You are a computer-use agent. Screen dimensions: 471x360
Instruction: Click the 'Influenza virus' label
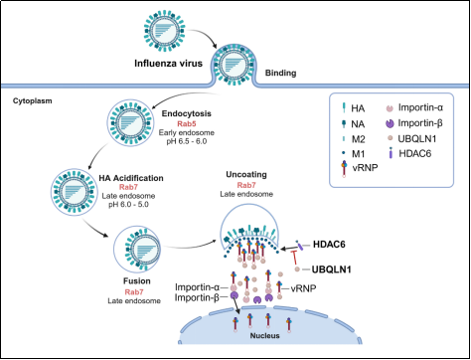(168, 63)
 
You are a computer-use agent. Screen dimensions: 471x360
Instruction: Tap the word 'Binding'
(280, 73)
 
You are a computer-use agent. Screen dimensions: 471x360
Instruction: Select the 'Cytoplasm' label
(33, 100)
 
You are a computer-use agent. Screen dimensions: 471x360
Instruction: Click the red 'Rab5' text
(187, 124)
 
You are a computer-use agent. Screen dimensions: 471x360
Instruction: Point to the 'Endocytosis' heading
(187, 113)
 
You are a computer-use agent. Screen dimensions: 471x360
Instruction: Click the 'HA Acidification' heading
(131, 178)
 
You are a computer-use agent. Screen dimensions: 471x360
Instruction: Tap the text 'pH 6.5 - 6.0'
(187, 141)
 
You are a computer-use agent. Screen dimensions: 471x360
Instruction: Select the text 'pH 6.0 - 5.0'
(128, 204)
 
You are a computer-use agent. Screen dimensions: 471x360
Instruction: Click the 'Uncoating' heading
(246, 174)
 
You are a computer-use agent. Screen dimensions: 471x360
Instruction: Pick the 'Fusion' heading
(137, 281)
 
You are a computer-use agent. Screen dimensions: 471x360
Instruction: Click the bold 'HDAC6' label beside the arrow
(329, 245)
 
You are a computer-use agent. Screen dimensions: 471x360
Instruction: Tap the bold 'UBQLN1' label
(332, 270)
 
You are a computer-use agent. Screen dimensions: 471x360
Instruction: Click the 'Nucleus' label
(264, 336)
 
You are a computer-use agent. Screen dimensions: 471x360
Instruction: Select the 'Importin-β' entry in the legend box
(420, 123)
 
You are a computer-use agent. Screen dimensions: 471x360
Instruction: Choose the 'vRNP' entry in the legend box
(365, 167)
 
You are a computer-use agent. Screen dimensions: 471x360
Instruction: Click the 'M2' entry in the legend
(358, 139)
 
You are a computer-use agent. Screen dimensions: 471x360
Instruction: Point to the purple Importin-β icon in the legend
(390, 123)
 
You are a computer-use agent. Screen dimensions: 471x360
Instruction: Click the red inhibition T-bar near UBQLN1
(294, 258)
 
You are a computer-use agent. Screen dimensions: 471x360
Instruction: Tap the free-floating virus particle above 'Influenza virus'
(165, 31)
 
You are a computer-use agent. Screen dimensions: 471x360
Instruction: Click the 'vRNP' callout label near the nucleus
(303, 288)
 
